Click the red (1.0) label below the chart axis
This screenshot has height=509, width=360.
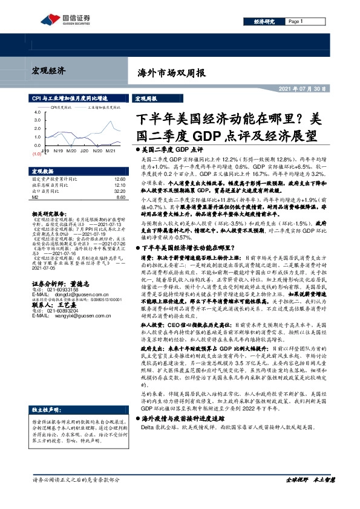(x=36, y=154)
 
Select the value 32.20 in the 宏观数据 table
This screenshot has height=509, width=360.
(x=118, y=191)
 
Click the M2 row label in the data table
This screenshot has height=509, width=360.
(x=36, y=197)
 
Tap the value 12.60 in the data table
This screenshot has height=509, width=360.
(x=118, y=180)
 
